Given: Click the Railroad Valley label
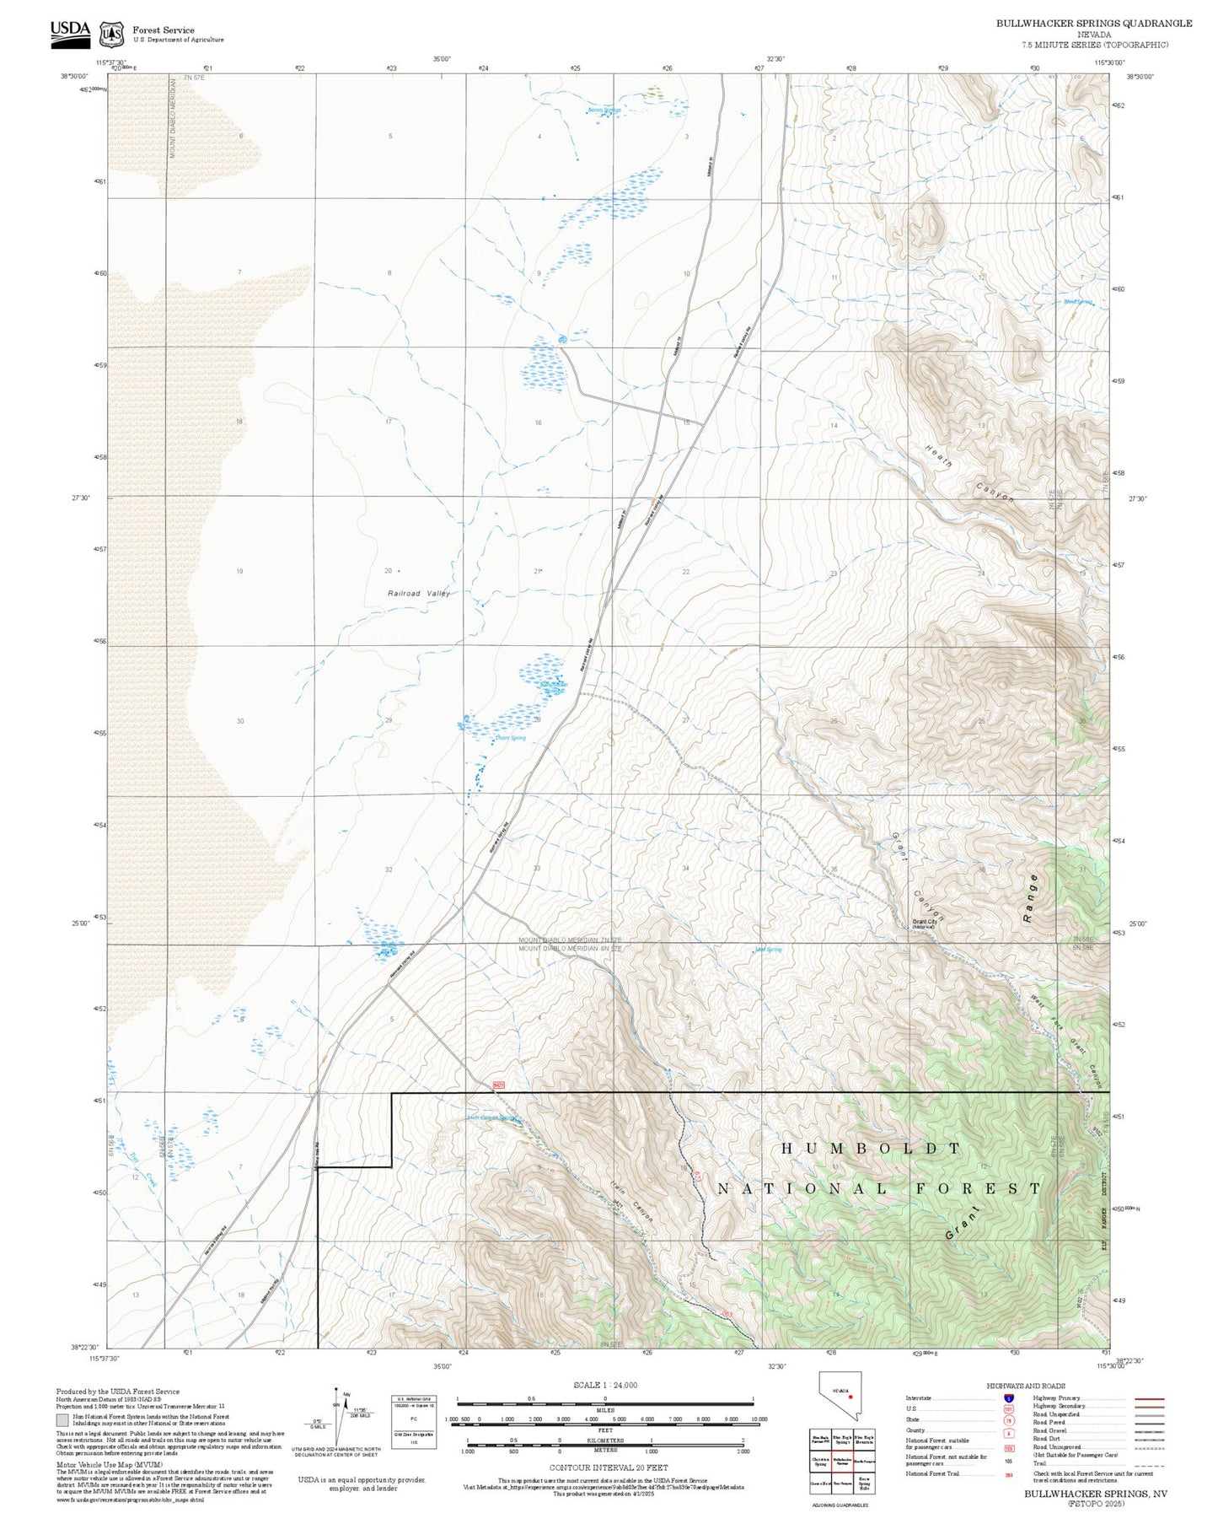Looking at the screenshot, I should point(419,593).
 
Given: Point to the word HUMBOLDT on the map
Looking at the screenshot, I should point(871,1148).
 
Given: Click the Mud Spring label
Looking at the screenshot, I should point(768,950).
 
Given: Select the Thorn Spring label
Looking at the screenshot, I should point(510,738).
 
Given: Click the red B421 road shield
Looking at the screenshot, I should point(498,1085).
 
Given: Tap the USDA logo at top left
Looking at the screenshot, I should point(70,32).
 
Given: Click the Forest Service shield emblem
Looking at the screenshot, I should point(111,35).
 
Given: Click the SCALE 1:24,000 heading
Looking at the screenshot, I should point(604,1385).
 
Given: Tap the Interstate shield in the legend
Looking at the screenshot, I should point(1009,1398).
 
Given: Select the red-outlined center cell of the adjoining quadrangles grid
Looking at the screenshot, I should point(841,1462).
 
